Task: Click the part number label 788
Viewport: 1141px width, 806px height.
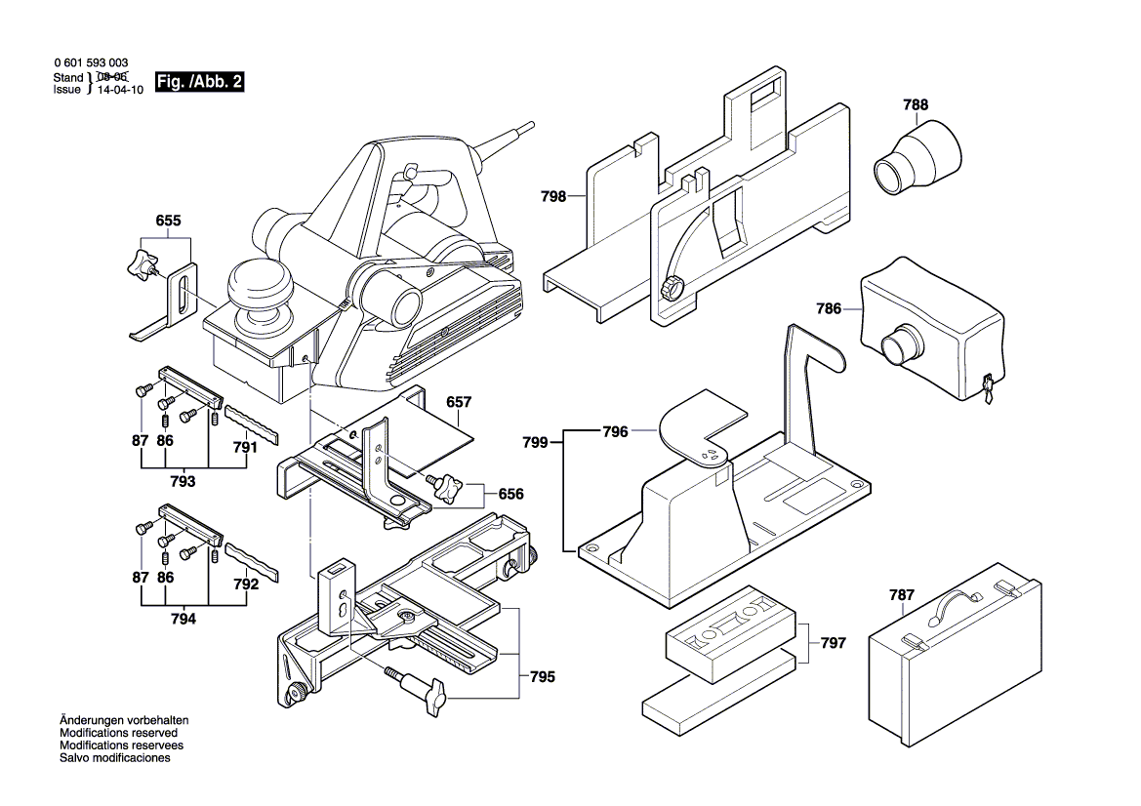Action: coord(916,105)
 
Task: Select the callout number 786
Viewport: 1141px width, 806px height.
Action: coord(829,309)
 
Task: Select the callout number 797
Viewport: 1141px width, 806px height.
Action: coord(833,643)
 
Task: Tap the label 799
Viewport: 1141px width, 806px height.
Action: coord(534,441)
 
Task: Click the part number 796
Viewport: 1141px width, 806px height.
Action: coord(614,429)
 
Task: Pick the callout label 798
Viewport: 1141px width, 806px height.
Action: coord(553,196)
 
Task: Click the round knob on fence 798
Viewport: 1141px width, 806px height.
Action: coord(671,289)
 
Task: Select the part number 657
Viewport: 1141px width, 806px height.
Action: coord(459,402)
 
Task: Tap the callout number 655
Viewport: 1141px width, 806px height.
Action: coord(169,222)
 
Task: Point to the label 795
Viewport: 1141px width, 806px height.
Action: coord(543,676)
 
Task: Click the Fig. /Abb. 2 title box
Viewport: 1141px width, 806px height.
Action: coord(199,84)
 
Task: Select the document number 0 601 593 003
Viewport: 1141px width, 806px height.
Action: coord(90,62)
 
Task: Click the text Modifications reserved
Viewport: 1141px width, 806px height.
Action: coord(118,733)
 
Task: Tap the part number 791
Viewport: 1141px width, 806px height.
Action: coord(246,448)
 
